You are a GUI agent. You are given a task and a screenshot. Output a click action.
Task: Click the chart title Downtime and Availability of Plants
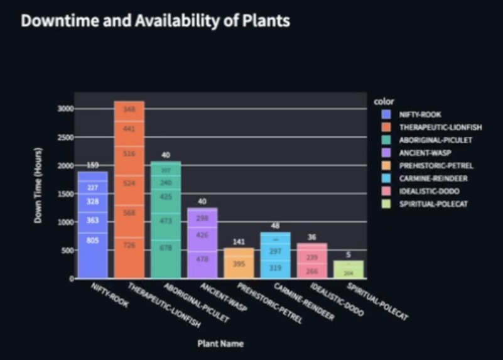coord(156,21)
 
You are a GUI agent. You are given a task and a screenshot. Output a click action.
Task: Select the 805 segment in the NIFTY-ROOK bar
coord(92,240)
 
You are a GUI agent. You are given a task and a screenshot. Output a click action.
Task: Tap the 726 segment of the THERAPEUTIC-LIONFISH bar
coord(129,245)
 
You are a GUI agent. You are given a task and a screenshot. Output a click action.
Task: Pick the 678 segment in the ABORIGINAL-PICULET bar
coord(166,248)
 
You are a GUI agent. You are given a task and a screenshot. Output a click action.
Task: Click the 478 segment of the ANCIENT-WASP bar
coord(202,259)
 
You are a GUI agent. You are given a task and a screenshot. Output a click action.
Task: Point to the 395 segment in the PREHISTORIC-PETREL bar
coord(239,264)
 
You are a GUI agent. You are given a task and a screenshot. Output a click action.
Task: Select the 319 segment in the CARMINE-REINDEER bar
coord(275,267)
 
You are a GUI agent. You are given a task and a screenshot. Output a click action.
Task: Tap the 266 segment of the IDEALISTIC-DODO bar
coord(312,271)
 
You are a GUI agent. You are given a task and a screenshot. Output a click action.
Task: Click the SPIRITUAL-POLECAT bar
coord(349,270)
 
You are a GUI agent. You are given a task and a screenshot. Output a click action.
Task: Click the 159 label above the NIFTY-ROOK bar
coord(92,165)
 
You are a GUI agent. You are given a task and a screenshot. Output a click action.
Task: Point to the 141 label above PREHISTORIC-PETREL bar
coord(239,241)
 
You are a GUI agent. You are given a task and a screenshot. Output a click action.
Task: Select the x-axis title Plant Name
coord(220,344)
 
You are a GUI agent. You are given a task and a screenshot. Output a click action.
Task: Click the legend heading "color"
coord(383,101)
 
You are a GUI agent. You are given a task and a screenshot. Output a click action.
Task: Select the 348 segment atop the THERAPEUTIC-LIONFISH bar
coord(129,109)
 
